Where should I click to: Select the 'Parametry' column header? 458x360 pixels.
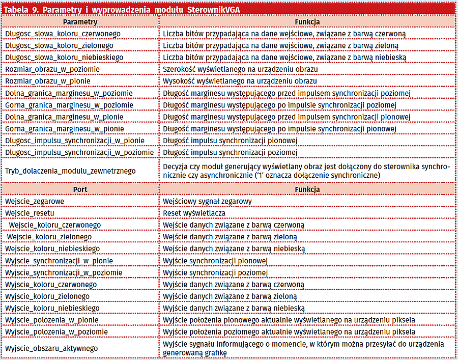pos(80,22)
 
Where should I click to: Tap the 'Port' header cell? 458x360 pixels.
pos(80,189)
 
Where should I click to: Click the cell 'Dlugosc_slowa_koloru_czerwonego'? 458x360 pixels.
pos(63,34)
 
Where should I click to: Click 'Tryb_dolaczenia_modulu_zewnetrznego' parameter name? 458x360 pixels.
pos(70,171)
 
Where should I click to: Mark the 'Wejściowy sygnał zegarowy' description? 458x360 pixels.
pos(207,201)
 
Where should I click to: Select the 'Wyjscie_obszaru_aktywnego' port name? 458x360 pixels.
pos(51,348)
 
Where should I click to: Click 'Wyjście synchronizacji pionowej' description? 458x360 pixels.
pos(214,261)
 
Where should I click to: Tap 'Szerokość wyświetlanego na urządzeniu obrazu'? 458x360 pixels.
pos(240,69)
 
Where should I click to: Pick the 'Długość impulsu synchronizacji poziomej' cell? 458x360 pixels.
pos(227,152)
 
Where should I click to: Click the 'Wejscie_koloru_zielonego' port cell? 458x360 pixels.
pos(49,237)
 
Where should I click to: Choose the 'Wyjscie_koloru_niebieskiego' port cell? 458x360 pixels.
pos(52,308)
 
